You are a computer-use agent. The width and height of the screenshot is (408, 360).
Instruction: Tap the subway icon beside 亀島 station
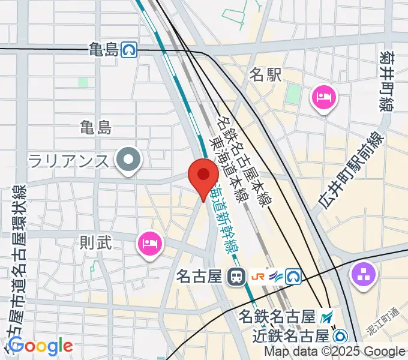128,50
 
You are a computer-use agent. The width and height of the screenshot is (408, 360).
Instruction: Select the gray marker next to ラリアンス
128,160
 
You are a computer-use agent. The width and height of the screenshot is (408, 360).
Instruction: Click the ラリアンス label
68,161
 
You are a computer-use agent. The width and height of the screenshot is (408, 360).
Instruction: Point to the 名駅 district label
265,74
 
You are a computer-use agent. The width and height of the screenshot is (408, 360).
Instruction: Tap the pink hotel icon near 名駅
324,97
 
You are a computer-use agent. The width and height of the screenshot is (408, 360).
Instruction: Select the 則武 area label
96,243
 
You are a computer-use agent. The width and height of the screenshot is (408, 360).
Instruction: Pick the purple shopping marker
364,275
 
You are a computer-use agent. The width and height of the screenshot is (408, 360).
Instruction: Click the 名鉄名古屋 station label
277,315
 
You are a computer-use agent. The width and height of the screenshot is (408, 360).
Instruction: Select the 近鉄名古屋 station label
290,335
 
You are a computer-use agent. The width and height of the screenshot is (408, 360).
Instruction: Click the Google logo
40,346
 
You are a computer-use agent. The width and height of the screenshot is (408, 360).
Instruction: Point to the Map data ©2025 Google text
334,352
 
